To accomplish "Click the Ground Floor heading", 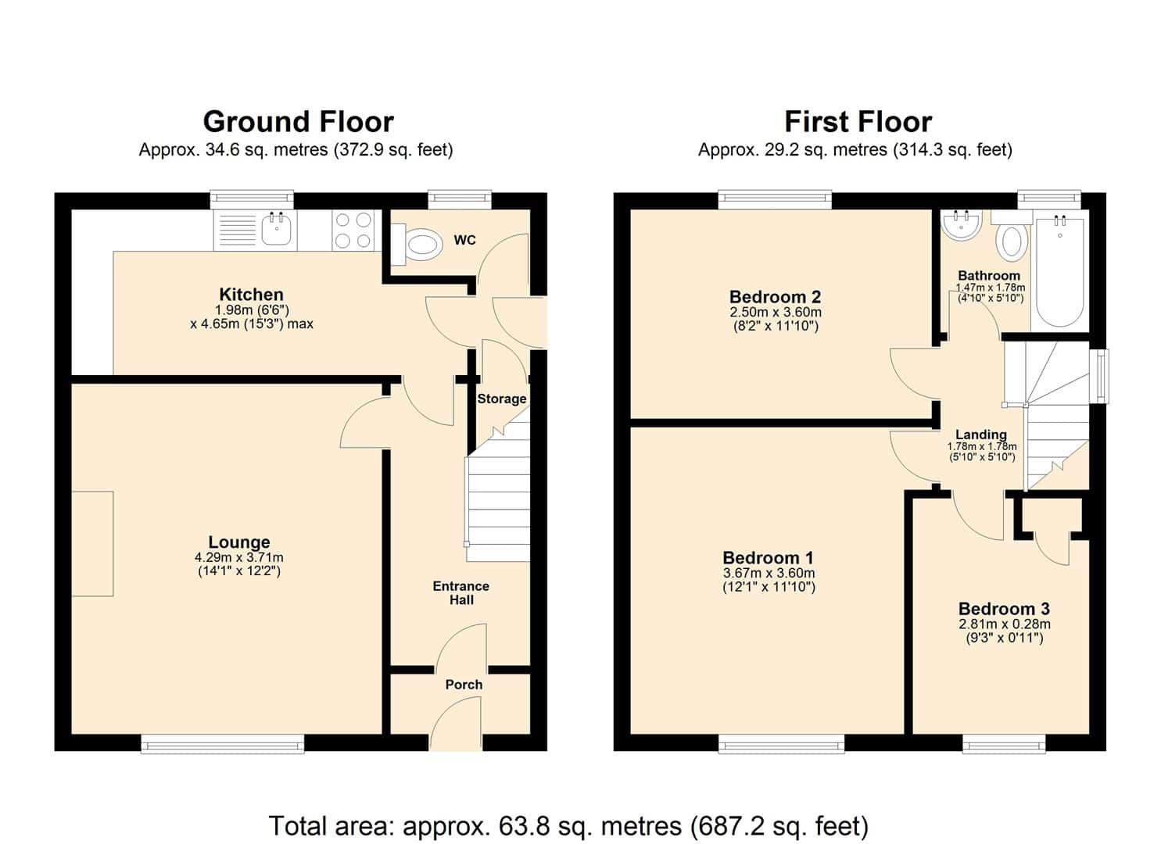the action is point(298,122).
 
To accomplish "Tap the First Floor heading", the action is point(858,122).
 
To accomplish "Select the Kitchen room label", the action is point(252,295).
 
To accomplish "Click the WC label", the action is point(464,241).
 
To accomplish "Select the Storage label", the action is point(502,399).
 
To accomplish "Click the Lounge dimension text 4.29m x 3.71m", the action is point(239,558).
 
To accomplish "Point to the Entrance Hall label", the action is point(461,593).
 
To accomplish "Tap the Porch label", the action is point(464,685).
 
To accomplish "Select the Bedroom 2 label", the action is point(775,298).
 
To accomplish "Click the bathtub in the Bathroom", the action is point(1059,273).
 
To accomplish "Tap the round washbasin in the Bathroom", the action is point(962,227).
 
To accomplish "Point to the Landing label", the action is point(981,435).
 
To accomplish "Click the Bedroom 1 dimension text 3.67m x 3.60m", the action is point(769,574).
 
